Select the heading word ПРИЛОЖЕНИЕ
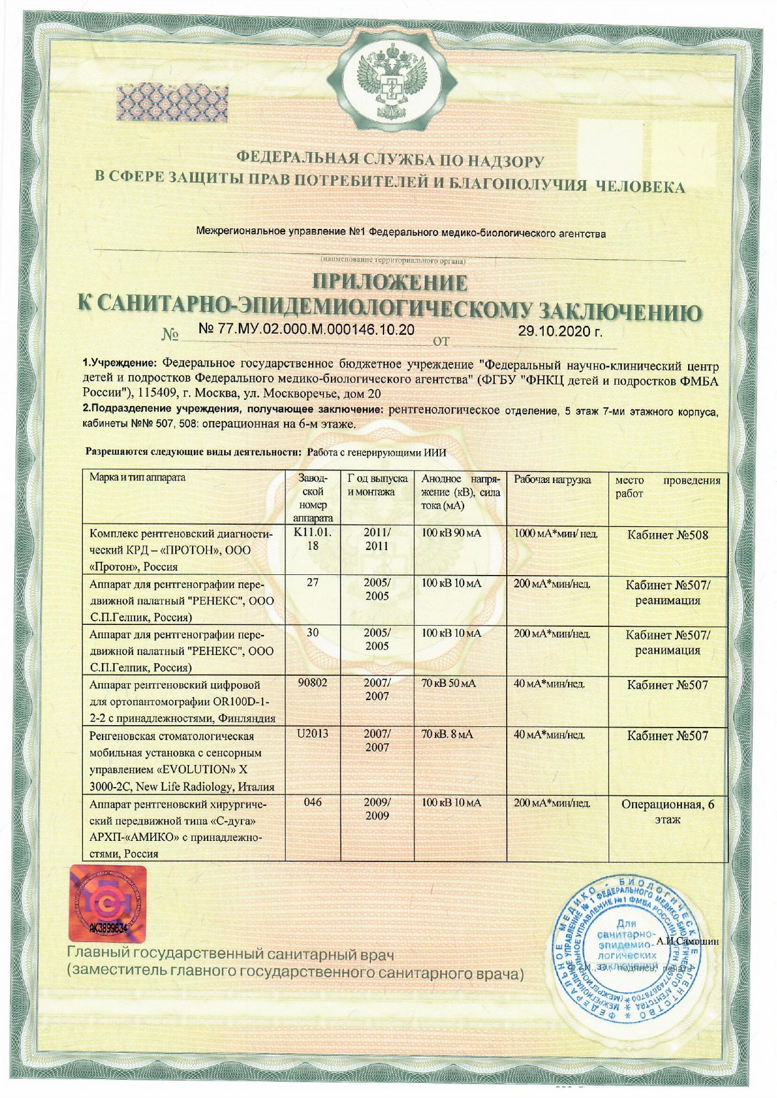[389, 283]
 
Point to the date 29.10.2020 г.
[560, 331]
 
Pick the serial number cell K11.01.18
[313, 539]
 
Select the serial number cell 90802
[313, 683]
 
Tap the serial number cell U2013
[313, 733]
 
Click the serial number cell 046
[313, 802]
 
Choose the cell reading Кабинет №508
[668, 535]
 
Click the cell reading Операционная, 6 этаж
[668, 811]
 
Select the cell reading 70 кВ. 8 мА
[447, 734]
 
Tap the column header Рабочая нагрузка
[552, 480]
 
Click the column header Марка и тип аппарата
[138, 477]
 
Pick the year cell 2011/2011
[377, 539]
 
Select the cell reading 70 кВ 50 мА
[449, 683]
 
